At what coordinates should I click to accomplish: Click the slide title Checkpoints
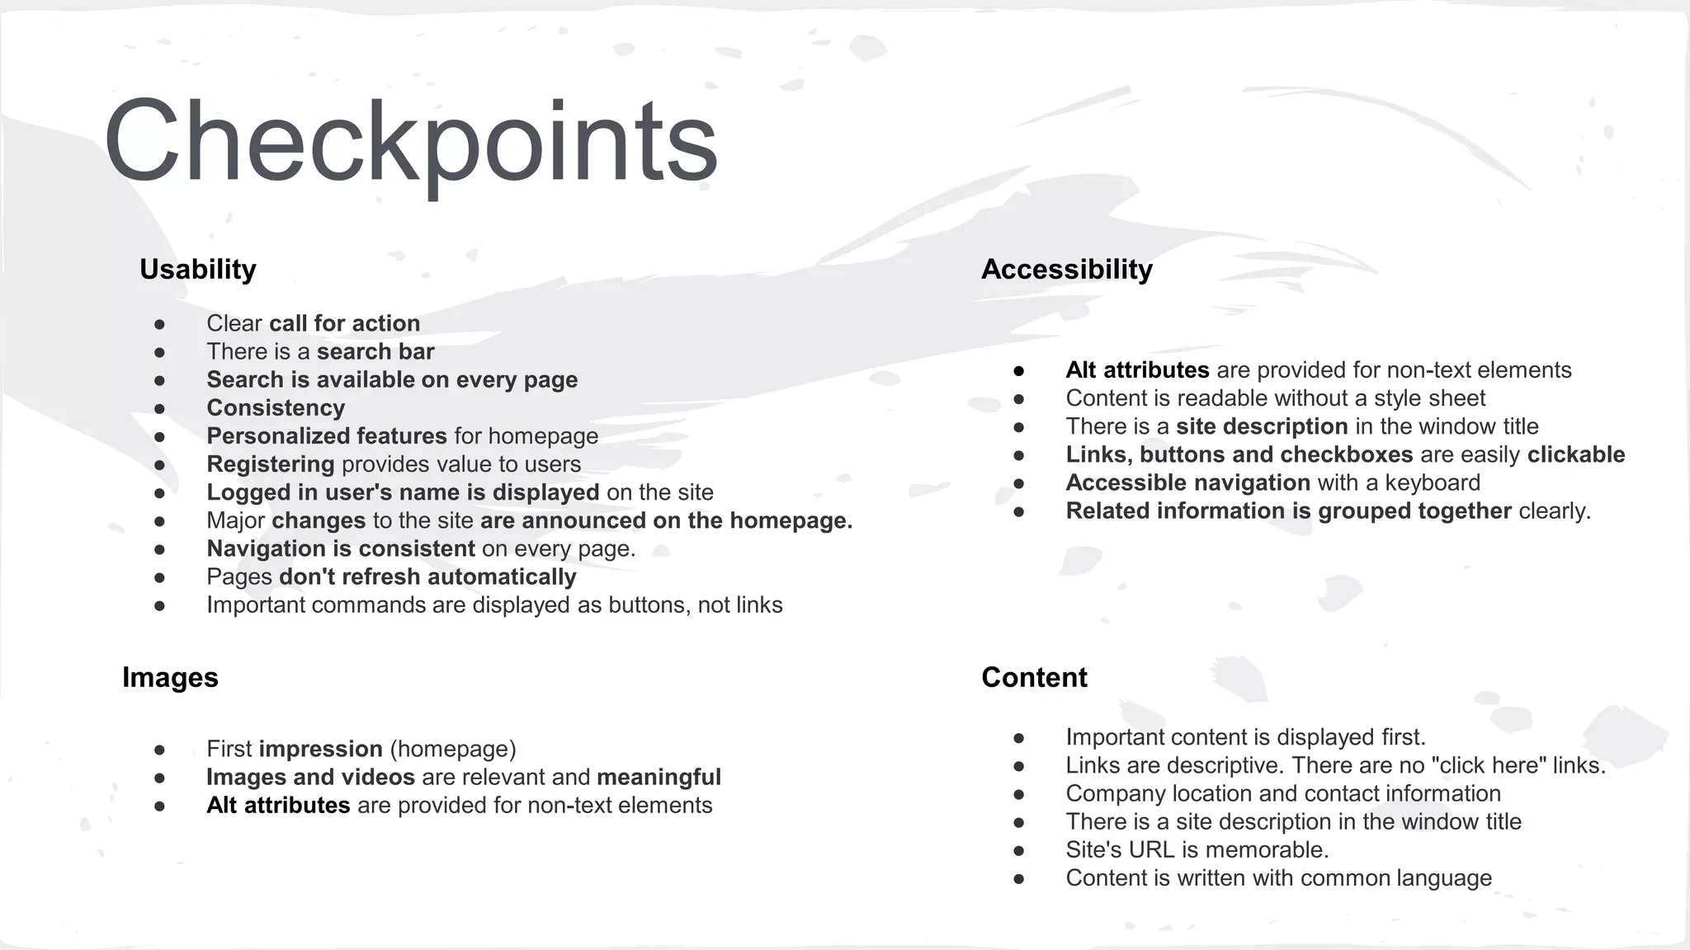point(410,142)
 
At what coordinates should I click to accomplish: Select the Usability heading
point(197,269)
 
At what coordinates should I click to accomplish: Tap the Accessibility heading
point(1066,269)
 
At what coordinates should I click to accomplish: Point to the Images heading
point(170,677)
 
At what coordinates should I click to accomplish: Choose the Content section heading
point(1034,677)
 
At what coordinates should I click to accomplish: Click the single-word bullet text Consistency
point(276,407)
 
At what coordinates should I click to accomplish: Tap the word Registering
point(270,464)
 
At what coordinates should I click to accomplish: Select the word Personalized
point(277,435)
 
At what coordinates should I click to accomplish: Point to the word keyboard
point(1432,482)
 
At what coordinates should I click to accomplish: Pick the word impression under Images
point(320,749)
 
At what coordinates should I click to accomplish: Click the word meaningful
point(659,777)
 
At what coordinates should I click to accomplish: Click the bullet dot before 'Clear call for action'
point(160,324)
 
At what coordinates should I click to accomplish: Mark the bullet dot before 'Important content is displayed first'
point(1019,738)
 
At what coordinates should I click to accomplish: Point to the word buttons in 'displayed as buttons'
point(649,604)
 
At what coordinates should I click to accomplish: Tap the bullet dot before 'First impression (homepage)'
point(160,750)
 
